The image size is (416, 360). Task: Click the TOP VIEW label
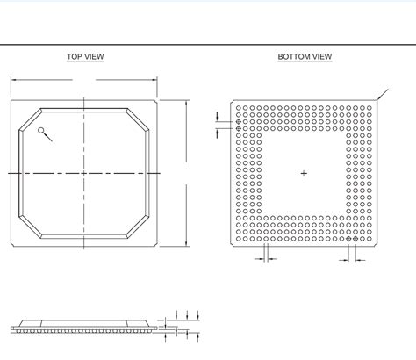(x=85, y=57)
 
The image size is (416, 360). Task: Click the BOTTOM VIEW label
(x=305, y=57)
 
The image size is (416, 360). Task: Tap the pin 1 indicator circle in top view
(x=41, y=131)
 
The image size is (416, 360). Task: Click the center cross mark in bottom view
(x=305, y=173)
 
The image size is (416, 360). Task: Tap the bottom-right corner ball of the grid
(x=369, y=239)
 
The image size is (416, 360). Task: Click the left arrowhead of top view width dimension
(x=12, y=80)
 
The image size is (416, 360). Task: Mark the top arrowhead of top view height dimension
(x=187, y=104)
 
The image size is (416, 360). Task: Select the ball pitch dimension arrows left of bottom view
(x=219, y=124)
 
